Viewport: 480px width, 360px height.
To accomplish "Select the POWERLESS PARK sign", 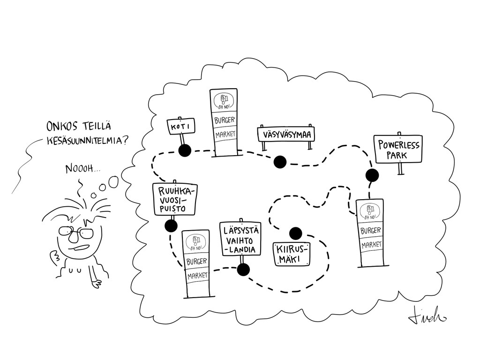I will coord(398,149).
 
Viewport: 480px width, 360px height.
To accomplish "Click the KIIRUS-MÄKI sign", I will coord(292,255).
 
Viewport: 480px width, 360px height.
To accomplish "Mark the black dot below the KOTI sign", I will coord(184,150).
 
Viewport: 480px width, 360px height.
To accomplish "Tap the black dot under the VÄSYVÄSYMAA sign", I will coord(280,162).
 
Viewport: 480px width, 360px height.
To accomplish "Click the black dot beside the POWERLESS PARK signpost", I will coord(372,175).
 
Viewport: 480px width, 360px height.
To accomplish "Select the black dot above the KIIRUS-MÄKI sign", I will coord(295,233).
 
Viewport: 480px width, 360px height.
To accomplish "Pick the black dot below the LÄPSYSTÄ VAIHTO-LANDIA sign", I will coord(243,270).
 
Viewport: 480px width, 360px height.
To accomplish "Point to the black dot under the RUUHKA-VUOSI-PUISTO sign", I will coord(171,226).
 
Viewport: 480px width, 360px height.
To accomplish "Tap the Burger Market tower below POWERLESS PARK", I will coord(370,232).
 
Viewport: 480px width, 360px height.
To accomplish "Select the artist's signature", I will coord(427,317).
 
